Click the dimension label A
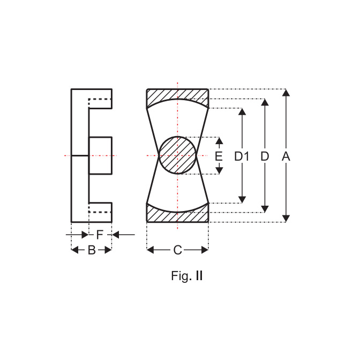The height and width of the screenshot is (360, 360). click(x=286, y=156)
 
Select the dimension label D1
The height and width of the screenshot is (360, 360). click(x=242, y=156)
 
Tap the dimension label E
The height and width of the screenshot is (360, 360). click(x=219, y=156)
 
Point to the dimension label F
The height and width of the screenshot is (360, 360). click(x=100, y=235)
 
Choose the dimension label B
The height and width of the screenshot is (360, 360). click(x=92, y=250)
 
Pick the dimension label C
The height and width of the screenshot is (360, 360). click(x=177, y=250)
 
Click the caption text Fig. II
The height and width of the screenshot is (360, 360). click(x=187, y=276)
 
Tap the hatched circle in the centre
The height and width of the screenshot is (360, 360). click(x=177, y=155)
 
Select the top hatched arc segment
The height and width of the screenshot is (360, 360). click(x=177, y=96)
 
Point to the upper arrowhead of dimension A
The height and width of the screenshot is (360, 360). click(x=286, y=92)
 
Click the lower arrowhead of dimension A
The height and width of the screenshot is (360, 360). click(x=286, y=219)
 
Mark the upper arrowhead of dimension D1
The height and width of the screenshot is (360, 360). click(x=242, y=111)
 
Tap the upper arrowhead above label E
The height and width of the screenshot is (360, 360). click(x=220, y=140)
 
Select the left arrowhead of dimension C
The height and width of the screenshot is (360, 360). click(x=150, y=250)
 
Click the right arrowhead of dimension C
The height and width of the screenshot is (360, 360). click(x=205, y=250)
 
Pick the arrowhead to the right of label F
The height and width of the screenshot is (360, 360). click(x=115, y=235)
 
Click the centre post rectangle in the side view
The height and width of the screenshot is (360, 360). click(x=100, y=156)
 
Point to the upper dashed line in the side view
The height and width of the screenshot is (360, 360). click(x=100, y=99)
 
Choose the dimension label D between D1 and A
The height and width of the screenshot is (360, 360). click(x=265, y=156)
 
